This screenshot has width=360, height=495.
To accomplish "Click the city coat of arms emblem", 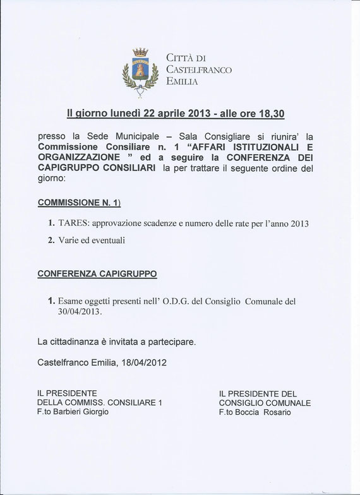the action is coord(140,72).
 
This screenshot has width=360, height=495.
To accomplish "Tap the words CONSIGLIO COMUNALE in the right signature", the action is coord(265,402).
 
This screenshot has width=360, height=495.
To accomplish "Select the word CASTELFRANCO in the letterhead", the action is coord(199,70).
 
